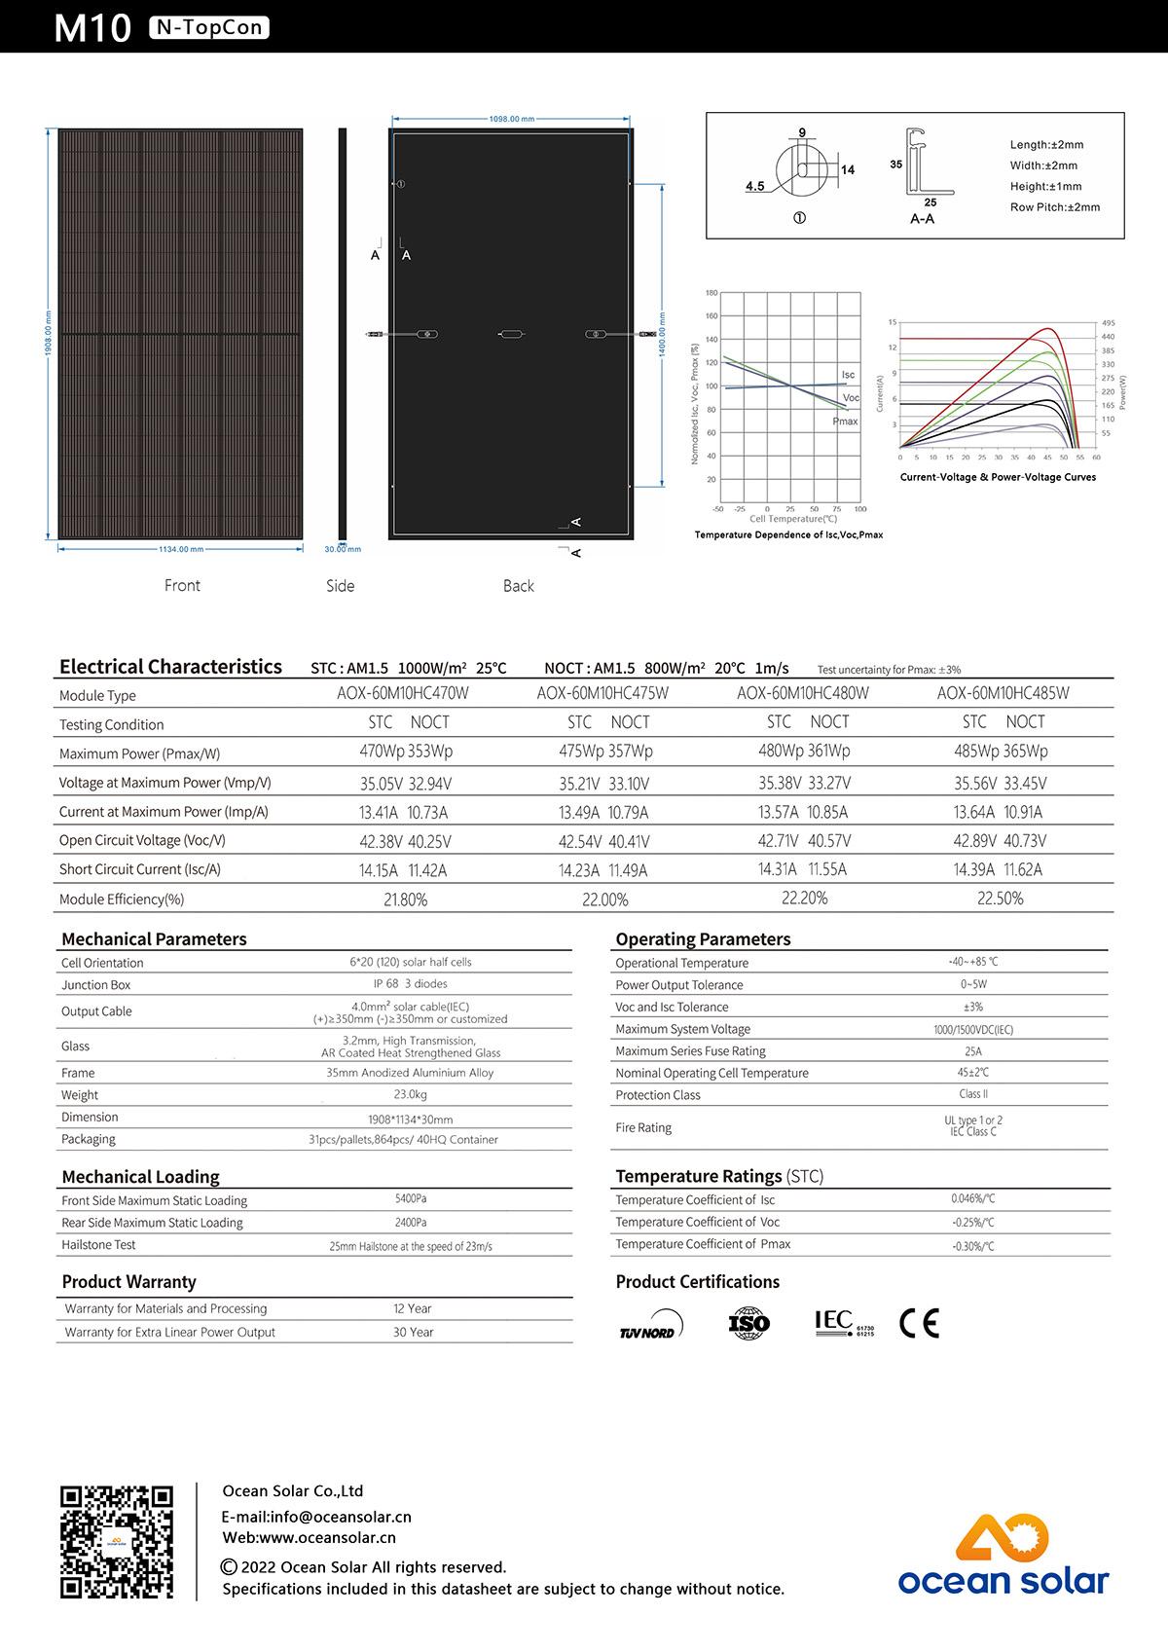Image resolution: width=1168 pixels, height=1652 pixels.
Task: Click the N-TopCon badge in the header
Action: coord(209,27)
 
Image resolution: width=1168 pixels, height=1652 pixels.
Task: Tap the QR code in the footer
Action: coord(117,1541)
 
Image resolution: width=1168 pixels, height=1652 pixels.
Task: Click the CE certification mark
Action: coord(919,1323)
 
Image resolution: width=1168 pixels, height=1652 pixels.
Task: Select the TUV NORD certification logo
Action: coord(651,1326)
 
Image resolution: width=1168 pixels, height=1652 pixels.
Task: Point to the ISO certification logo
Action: coord(748,1323)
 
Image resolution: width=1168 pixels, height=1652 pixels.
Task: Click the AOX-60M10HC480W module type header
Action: coord(803,693)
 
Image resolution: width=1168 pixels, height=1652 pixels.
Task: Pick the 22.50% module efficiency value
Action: coord(1001,899)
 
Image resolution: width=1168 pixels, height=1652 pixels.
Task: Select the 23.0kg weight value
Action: coord(410,1094)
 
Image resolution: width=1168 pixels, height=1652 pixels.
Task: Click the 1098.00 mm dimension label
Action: coord(511,119)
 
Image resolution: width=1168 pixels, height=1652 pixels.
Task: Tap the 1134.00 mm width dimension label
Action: coord(181,549)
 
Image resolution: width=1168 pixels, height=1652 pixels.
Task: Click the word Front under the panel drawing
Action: coord(182,585)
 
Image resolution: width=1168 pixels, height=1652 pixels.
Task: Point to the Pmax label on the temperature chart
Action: coord(845,422)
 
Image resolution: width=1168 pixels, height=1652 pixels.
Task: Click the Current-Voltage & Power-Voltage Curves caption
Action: coord(998,477)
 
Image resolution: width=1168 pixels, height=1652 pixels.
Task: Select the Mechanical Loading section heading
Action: coord(141,1176)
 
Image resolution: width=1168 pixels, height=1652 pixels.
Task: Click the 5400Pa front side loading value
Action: coord(411,1198)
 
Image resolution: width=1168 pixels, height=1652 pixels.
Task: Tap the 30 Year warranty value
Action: coord(413,1332)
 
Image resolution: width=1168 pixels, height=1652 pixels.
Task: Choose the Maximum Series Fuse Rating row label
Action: coord(690,1050)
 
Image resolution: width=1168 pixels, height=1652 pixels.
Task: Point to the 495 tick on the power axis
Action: coord(1108,323)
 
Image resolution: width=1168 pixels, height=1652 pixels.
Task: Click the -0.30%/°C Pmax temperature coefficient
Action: coord(973,1246)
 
